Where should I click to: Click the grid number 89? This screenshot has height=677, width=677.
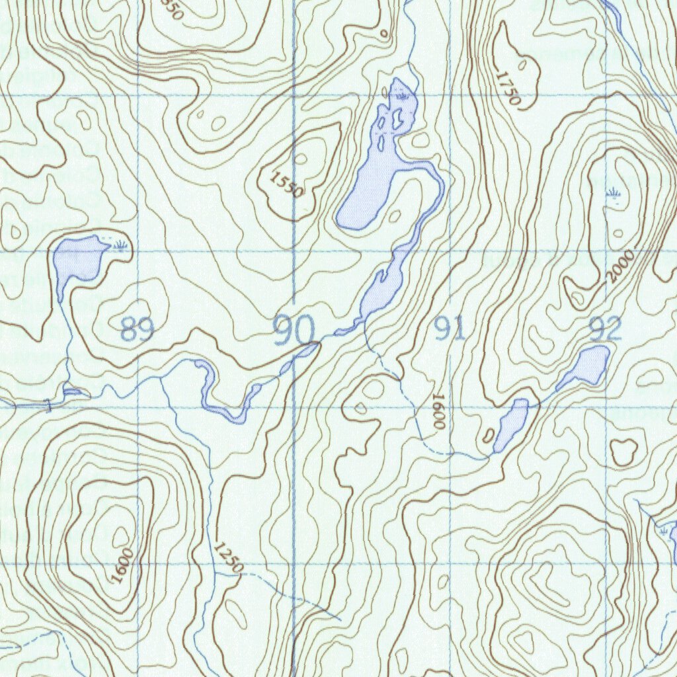click(138, 329)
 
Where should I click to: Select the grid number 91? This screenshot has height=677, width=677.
click(450, 329)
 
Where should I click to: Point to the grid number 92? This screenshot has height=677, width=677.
click(606, 329)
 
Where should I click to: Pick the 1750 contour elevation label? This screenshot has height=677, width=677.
click(508, 89)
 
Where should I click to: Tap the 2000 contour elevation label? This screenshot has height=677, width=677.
click(621, 266)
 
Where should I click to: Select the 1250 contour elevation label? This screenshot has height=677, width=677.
click(229, 557)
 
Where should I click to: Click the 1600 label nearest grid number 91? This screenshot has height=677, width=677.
click(438, 413)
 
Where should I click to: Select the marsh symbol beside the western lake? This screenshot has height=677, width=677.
click(120, 247)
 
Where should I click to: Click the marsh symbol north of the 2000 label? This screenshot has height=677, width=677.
click(614, 194)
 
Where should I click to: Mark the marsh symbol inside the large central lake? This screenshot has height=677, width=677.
click(401, 97)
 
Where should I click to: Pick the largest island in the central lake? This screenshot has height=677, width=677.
click(398, 120)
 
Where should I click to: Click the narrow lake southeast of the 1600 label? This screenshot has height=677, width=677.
click(511, 425)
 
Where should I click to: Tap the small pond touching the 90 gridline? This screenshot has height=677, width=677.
click(305, 350)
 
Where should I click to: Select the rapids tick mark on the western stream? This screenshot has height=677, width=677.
click(48, 405)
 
